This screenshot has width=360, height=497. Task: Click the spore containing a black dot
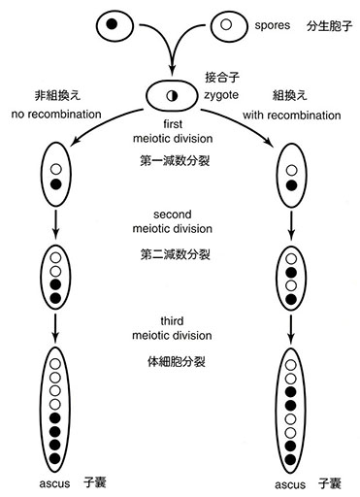115,23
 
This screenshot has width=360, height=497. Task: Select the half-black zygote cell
171,95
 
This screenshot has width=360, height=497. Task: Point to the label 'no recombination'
56,113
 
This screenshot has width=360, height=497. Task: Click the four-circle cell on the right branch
290,276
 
